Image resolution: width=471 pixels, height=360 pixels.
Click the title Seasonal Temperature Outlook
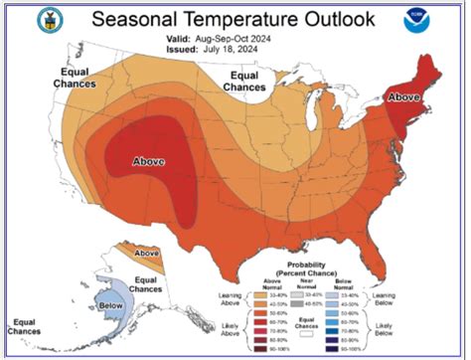(x=235, y=19)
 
